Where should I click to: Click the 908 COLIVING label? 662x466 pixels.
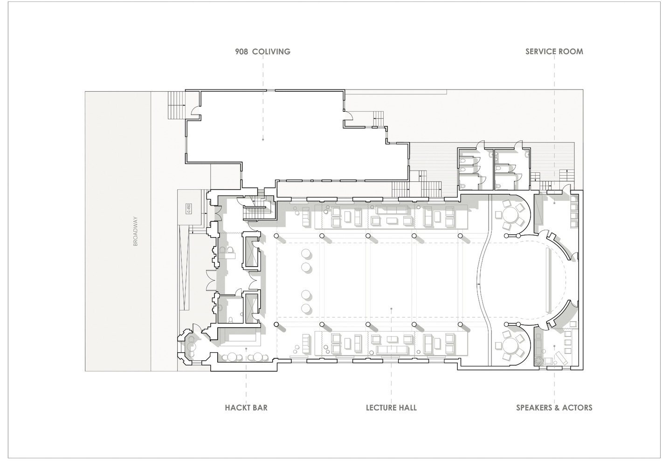coord(263,51)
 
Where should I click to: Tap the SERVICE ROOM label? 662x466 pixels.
coord(554,51)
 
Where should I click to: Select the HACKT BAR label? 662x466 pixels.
coord(246,408)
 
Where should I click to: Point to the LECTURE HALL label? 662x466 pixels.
coord(391,408)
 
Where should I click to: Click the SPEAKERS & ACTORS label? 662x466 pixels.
coord(554,408)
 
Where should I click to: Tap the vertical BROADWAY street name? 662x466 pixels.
coord(135,231)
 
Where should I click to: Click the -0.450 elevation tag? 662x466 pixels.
coord(189,208)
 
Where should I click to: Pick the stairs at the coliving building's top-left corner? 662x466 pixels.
coord(176,105)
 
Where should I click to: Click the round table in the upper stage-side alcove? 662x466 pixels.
coord(511,215)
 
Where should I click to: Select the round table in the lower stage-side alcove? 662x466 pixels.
coord(511,346)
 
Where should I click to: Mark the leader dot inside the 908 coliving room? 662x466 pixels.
coord(263,139)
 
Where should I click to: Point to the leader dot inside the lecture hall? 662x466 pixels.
coord(391,309)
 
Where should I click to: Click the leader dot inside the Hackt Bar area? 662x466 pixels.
coord(246,349)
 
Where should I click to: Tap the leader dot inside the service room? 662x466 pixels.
coord(554,203)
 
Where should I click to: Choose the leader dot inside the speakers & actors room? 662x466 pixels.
coord(554,346)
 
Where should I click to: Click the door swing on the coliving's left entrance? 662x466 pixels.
coord(196,110)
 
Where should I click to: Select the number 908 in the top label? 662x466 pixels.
coord(241,51)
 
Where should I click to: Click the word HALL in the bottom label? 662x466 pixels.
coord(408,408)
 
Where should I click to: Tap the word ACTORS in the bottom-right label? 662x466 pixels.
coord(577,408)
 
